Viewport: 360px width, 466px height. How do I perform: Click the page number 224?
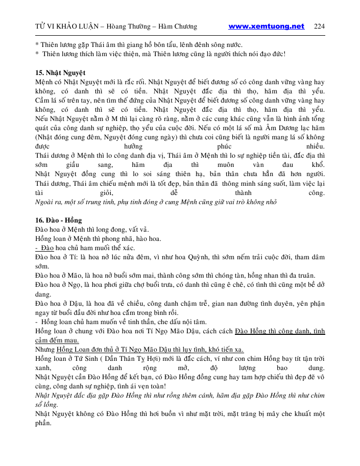tap(319, 26)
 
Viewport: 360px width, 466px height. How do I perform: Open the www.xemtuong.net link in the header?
tap(266, 26)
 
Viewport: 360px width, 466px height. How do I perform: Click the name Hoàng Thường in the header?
tap(123, 27)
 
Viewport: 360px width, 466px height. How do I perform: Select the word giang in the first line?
tap(146, 44)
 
